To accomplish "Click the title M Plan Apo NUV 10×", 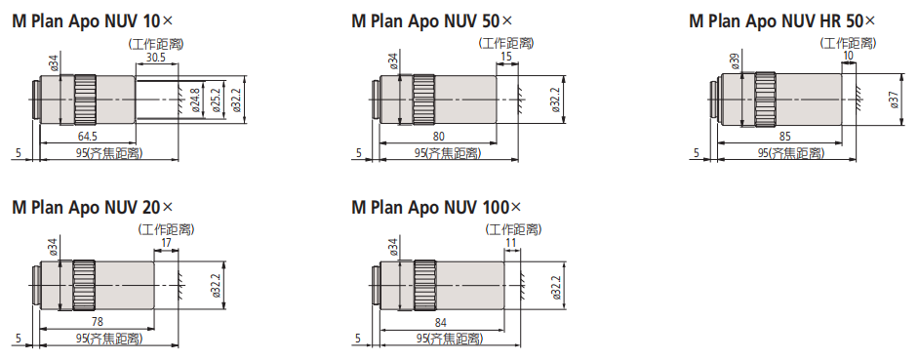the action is click(93, 21).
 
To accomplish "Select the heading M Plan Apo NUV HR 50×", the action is click(781, 21).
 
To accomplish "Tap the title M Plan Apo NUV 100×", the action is click(436, 208).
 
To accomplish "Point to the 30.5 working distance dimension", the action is click(156, 58).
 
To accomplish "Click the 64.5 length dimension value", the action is click(88, 136).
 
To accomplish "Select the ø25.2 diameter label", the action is click(215, 100).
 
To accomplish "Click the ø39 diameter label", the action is click(735, 60).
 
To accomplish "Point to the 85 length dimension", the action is click(784, 136).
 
